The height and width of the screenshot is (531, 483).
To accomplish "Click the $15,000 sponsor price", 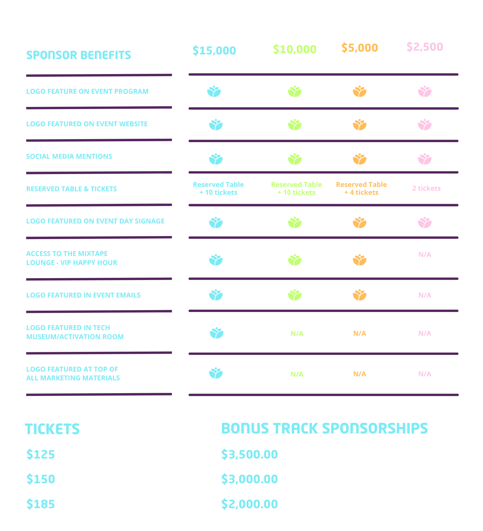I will (214, 50).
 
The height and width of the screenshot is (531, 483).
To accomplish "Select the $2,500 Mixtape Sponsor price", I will (425, 47).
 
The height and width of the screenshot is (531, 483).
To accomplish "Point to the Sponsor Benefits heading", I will (78, 55).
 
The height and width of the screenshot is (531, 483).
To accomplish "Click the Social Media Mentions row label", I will (69, 156).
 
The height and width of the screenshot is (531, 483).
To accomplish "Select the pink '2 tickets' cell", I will (426, 188).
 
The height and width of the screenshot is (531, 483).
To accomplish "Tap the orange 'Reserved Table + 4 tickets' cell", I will (361, 188).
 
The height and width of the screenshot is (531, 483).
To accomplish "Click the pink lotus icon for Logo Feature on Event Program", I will (425, 91).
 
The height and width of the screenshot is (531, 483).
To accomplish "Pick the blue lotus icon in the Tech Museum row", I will (216, 333).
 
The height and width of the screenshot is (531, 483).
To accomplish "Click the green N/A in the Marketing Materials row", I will (297, 374).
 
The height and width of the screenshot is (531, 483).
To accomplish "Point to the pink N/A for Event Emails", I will (425, 295).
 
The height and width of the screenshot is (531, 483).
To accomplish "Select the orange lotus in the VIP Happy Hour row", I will (360, 260).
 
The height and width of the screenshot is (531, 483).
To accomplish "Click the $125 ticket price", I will (41, 454).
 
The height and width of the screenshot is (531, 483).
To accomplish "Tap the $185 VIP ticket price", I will (41, 504).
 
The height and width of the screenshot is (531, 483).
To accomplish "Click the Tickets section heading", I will (52, 429).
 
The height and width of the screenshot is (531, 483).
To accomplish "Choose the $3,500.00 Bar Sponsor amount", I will (249, 454).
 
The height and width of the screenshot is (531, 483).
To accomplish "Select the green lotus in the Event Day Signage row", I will (294, 223).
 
